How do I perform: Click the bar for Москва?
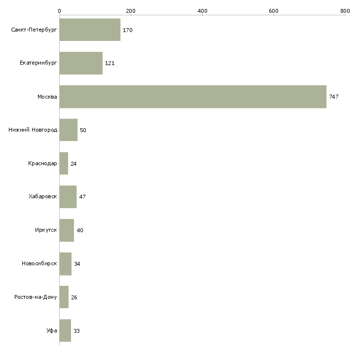[193, 97]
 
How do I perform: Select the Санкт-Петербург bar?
[90, 30]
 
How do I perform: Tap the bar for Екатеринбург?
[81, 63]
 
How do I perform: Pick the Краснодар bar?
[64, 163]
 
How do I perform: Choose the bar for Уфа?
[65, 330]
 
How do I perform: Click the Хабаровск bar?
[68, 197]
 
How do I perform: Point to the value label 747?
[334, 97]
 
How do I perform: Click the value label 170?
[128, 30]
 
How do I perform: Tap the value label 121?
[110, 64]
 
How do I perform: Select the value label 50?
[83, 130]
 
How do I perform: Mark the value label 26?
[74, 297]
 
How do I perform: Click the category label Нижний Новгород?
[33, 130]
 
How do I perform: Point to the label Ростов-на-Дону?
[36, 297]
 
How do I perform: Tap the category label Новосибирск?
[39, 264]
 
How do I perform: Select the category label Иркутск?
[45, 230]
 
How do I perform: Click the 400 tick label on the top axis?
[202, 10]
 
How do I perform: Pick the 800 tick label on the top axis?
[345, 10]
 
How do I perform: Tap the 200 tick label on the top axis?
[131, 10]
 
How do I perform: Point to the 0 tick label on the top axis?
[59, 10]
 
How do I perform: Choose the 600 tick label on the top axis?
[274, 10]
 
